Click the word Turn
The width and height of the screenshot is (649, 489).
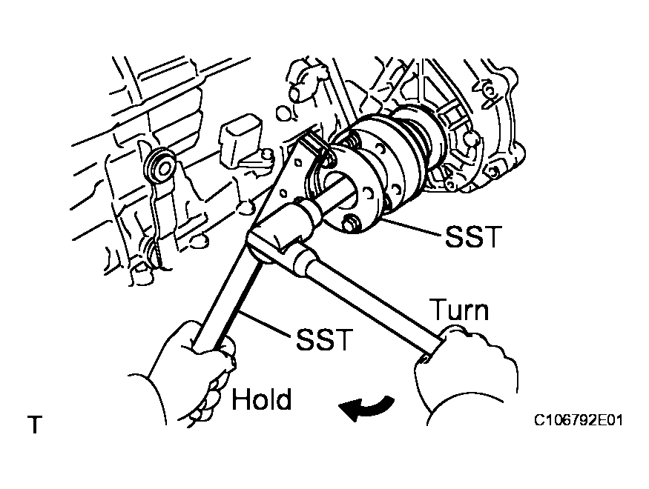pos(459,310)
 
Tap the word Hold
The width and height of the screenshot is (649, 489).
pos(262,399)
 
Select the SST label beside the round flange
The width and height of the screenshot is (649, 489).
pos(474,237)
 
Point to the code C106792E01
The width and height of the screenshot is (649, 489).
pos(578,421)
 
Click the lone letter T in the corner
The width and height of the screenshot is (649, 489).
pos(34,425)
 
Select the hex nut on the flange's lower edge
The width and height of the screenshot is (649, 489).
pos(351,222)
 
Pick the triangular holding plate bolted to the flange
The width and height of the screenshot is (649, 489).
pos(293,178)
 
